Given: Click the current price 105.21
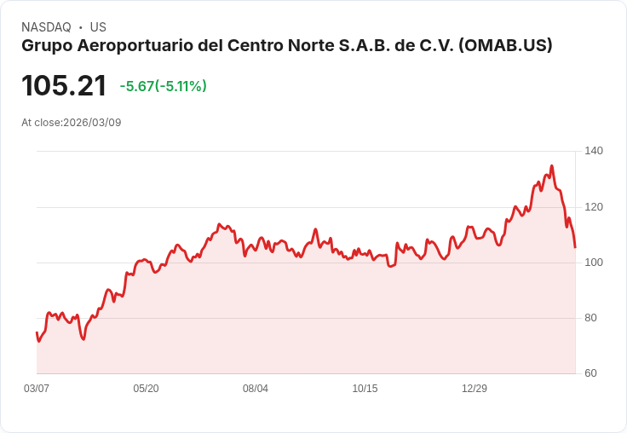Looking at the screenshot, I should pos(64,85).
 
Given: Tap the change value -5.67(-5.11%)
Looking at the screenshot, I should pos(163,86).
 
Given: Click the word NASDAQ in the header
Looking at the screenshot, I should pos(46,27).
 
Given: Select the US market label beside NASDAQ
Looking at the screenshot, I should pos(98,27).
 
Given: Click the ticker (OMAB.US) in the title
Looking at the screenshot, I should pos(505,46).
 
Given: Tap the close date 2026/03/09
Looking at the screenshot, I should pos(92,123).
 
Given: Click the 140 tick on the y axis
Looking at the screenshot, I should pos(594,151).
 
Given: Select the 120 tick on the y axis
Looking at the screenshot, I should pos(594,207).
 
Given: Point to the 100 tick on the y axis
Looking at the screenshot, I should pos(594,263).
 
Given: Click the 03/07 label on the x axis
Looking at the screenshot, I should pos(37,389).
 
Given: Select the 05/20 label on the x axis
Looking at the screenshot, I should pos(146,389).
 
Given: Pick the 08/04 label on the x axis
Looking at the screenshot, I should pos(256,389).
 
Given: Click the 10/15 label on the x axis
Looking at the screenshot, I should pos(365,389).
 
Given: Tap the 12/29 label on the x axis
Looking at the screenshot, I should pos(475,389).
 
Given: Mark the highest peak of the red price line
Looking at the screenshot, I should pos(551,166).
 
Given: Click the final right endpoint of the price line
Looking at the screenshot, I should pos(575,247).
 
